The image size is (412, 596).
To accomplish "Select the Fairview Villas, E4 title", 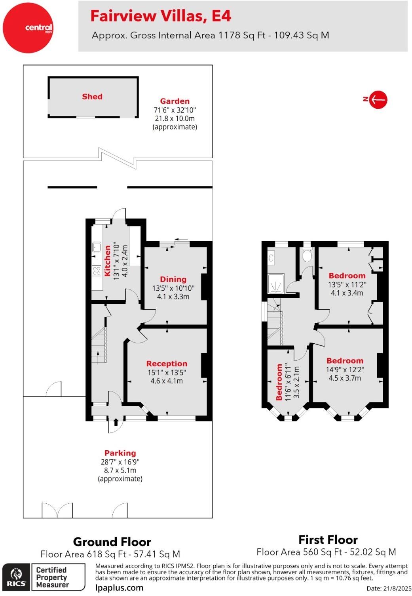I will click(x=161, y=16).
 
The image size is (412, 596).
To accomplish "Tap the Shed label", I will click(x=92, y=97).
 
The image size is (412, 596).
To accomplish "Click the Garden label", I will click(x=175, y=101).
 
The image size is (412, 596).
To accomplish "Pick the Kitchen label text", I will click(x=107, y=261).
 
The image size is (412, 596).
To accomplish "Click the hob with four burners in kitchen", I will click(x=97, y=270).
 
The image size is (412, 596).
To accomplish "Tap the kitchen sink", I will click(x=97, y=247).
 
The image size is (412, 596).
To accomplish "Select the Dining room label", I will click(x=173, y=279).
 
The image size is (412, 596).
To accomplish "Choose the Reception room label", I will click(x=167, y=364).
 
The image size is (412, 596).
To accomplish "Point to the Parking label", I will click(x=120, y=453).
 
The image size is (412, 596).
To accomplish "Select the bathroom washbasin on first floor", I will click(x=271, y=258).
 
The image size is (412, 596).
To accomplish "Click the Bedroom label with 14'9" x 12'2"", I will click(x=345, y=361).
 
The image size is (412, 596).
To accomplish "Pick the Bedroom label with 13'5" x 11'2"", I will click(x=347, y=276).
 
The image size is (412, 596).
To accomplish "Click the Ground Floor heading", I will click(x=112, y=542).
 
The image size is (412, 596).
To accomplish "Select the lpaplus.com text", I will click(x=119, y=588).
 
